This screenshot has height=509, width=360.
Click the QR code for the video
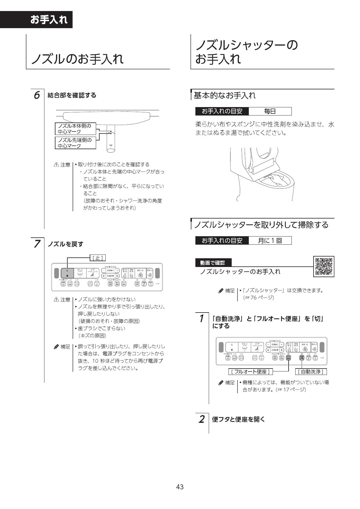coord(324,266)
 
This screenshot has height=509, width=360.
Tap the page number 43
coord(180,487)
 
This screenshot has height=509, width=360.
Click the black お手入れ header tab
coord(49,20)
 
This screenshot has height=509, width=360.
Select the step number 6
coord(37,95)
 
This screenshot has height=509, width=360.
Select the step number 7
coord(37,244)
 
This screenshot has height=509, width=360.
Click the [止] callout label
coord(98,258)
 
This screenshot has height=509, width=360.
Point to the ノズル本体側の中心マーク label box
coord(75,129)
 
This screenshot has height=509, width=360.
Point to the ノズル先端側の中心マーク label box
coord(75,143)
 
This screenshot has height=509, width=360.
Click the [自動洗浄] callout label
coord(311,372)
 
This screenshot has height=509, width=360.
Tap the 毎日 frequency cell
coord(270,111)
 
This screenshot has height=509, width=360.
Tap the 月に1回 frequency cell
coord(270,241)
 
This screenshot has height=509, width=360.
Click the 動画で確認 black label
coord(213,263)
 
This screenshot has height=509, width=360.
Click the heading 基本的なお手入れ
coord(225,95)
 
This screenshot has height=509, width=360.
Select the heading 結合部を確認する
coord(72,95)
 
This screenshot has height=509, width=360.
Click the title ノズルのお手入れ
coord(78,59)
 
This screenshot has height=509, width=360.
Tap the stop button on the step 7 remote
coord(67,273)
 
